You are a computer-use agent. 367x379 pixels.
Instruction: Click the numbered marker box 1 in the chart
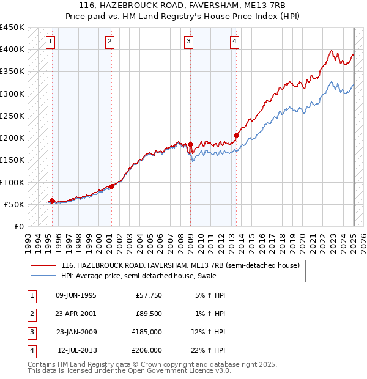click(50, 42)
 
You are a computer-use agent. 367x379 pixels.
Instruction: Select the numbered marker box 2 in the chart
click(109, 42)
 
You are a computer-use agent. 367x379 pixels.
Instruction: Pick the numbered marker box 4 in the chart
click(234, 42)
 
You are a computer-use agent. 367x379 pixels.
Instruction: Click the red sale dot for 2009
click(190, 144)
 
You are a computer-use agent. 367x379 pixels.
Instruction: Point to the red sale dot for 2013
click(236, 135)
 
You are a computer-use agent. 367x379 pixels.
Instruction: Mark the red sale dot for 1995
click(52, 201)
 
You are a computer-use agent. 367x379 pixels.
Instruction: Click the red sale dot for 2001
click(111, 186)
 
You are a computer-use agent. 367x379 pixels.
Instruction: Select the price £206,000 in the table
click(147, 350)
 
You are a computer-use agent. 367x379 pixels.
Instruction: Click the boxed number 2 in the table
click(31, 314)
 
